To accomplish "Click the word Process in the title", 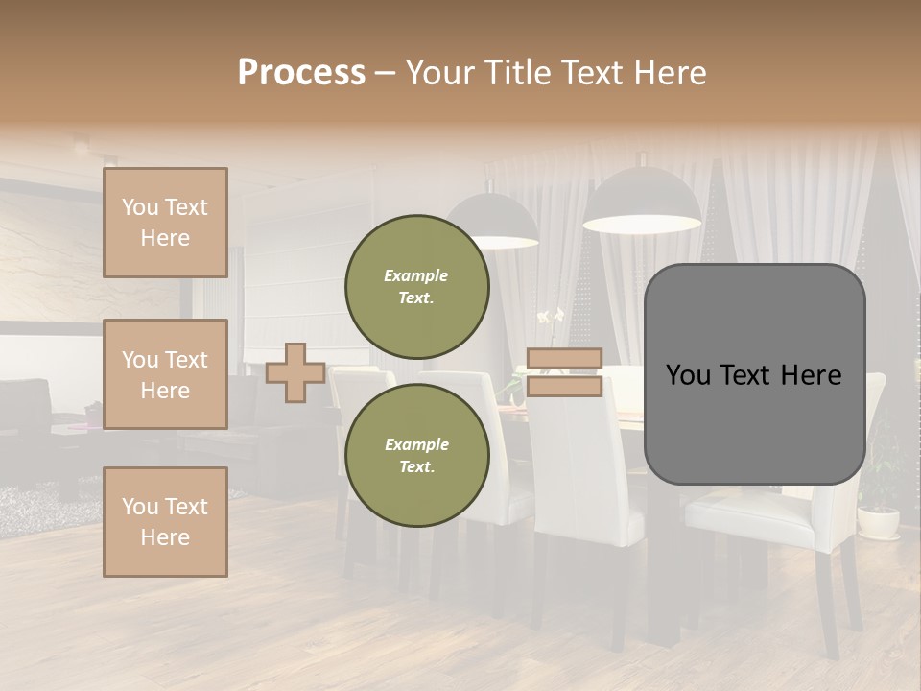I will [x=301, y=73].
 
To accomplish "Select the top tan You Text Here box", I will [x=165, y=223].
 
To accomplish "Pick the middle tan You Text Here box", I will [x=165, y=374].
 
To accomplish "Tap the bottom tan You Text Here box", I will [x=165, y=522].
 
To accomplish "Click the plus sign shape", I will [x=295, y=372].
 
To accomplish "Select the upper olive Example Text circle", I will [x=416, y=286].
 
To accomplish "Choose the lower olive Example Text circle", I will [x=416, y=455].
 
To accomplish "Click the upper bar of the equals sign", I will [x=564, y=359].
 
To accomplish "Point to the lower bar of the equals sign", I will [x=564, y=386].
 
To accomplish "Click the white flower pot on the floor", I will [x=878, y=522].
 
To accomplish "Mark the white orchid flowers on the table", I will [x=550, y=317].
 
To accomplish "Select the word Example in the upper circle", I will [x=415, y=275].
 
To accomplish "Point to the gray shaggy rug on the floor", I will [x=38, y=499].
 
